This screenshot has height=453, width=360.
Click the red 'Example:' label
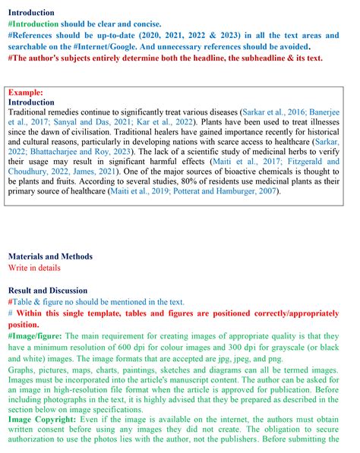[x=25, y=93]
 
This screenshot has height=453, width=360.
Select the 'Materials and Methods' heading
[x=50, y=256]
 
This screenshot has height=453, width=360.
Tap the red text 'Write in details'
[x=36, y=268]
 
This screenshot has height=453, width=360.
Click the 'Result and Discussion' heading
[x=50, y=290]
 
